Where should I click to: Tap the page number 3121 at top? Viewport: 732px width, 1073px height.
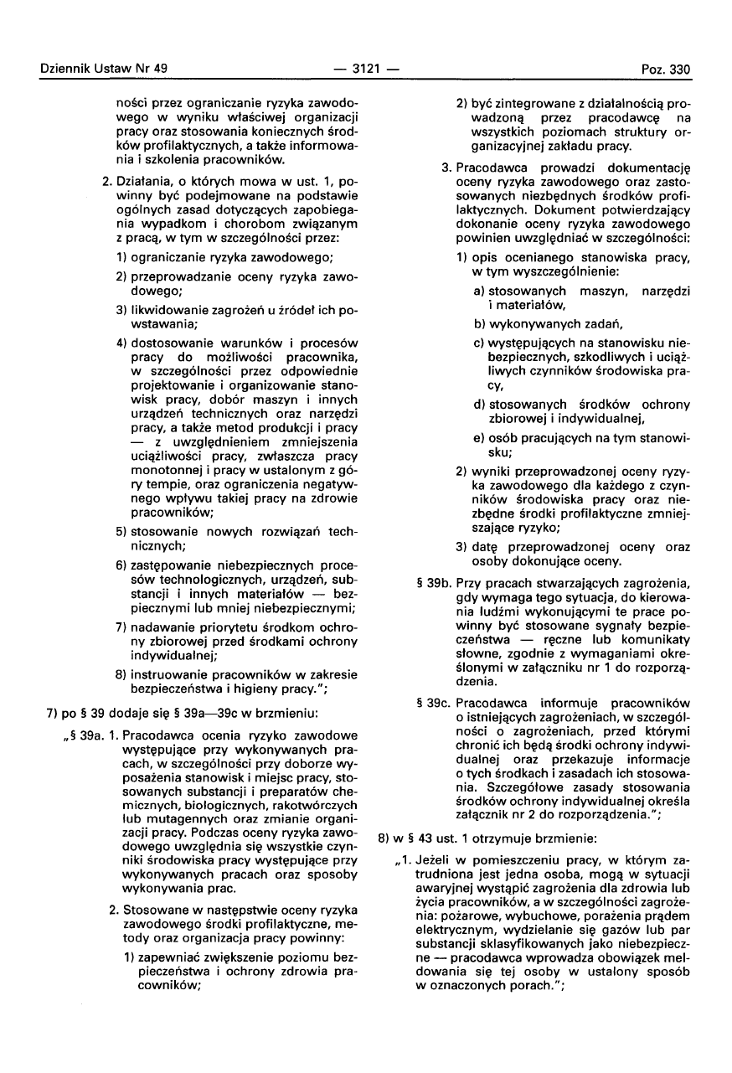click(x=365, y=70)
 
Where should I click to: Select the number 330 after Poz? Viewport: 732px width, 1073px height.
click(x=678, y=70)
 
